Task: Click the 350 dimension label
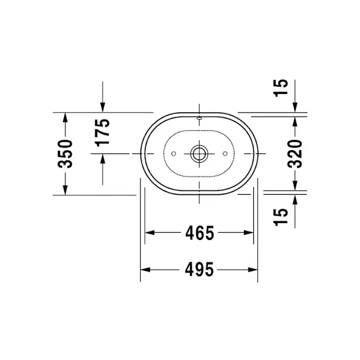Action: (x=65, y=154)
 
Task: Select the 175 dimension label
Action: (x=103, y=132)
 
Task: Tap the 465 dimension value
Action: (x=200, y=233)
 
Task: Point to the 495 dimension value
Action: (x=200, y=270)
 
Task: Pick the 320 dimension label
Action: (x=295, y=154)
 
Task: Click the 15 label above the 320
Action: (x=282, y=88)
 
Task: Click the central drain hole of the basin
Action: (x=200, y=153)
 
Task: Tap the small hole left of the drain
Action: (x=173, y=153)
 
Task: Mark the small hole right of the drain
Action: (x=225, y=153)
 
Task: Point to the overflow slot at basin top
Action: (x=200, y=117)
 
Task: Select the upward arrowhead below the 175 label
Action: (x=103, y=159)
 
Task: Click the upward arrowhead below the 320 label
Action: (x=295, y=186)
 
